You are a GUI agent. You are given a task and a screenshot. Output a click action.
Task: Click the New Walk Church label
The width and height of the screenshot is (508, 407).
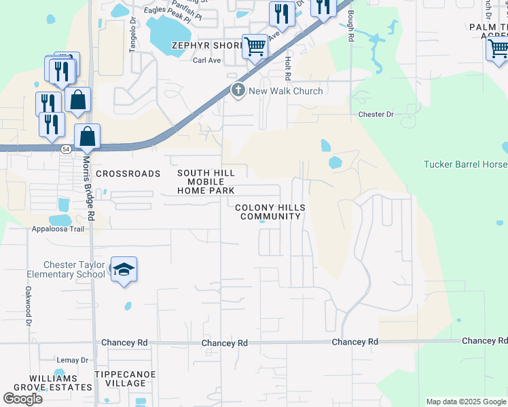[286, 91]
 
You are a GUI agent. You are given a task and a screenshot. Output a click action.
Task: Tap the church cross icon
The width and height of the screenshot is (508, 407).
[238, 90]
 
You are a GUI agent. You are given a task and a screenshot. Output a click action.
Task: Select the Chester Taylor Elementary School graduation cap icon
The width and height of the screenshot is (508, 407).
[124, 270]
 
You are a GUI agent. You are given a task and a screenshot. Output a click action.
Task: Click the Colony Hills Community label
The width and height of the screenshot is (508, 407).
[270, 212]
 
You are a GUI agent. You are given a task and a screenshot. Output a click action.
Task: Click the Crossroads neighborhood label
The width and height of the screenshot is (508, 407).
[128, 174]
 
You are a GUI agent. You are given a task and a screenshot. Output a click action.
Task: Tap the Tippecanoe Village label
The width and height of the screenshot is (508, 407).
[126, 379]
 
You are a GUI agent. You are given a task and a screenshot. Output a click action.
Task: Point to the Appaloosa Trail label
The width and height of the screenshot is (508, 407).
[58, 229]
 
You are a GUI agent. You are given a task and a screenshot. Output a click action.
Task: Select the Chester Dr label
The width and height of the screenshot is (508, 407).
[376, 115]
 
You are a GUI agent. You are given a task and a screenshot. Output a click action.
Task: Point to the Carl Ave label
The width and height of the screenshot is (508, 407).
[207, 60]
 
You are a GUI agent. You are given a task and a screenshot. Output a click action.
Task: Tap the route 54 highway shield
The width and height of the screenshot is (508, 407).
[63, 149]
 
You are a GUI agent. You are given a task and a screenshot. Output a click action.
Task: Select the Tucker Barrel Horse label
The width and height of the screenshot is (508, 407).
[465, 164]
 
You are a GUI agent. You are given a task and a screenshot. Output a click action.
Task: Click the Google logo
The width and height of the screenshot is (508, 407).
[22, 399]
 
